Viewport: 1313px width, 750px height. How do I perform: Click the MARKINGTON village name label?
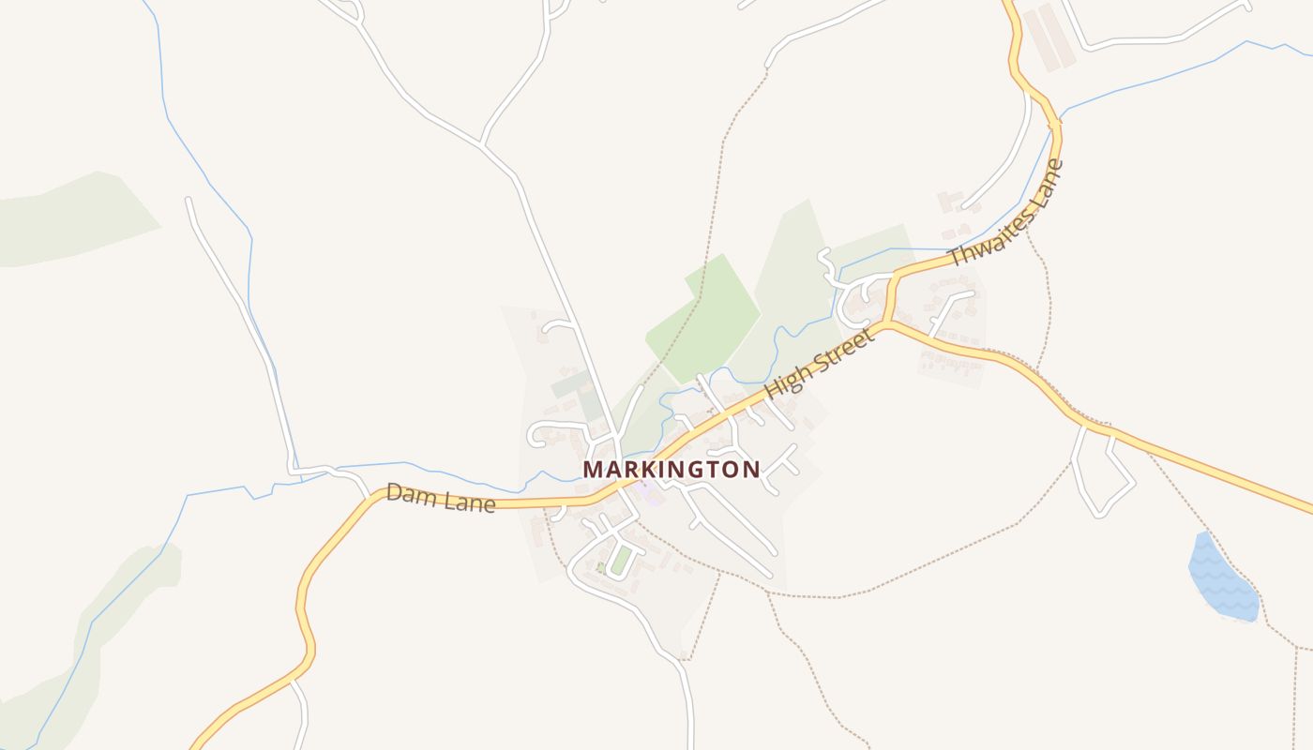click(671, 469)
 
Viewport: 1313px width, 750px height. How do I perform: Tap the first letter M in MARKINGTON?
click(593, 469)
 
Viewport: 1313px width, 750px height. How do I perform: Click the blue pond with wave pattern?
click(1220, 577)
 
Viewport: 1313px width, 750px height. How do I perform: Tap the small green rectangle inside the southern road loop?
click(620, 561)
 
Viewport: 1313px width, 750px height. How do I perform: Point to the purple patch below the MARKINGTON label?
click(647, 490)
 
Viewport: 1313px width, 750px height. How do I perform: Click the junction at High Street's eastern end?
click(886, 324)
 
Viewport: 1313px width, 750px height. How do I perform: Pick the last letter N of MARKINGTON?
click(751, 469)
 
